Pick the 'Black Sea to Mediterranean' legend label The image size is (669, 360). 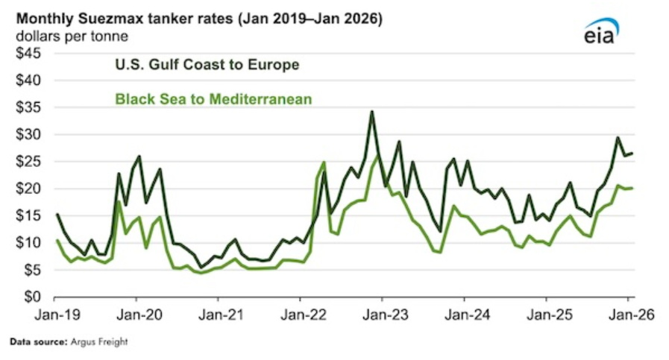[213, 98]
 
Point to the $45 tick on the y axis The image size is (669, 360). [27, 53]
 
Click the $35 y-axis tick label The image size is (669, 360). [27, 107]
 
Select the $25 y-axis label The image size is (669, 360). [27, 162]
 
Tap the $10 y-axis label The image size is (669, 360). [27, 243]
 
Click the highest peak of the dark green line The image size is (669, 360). [371, 112]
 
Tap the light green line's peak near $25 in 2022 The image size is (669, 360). [324, 162]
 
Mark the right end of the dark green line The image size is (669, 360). [632, 154]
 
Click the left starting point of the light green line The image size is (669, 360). [57, 240]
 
